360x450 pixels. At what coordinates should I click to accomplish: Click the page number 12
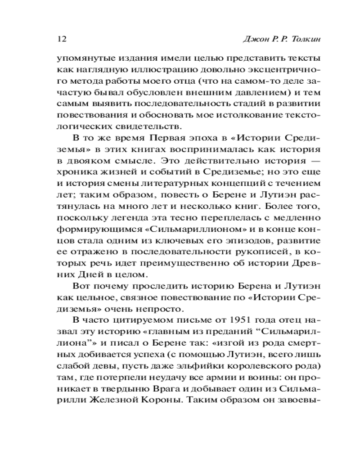coord(62,39)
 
